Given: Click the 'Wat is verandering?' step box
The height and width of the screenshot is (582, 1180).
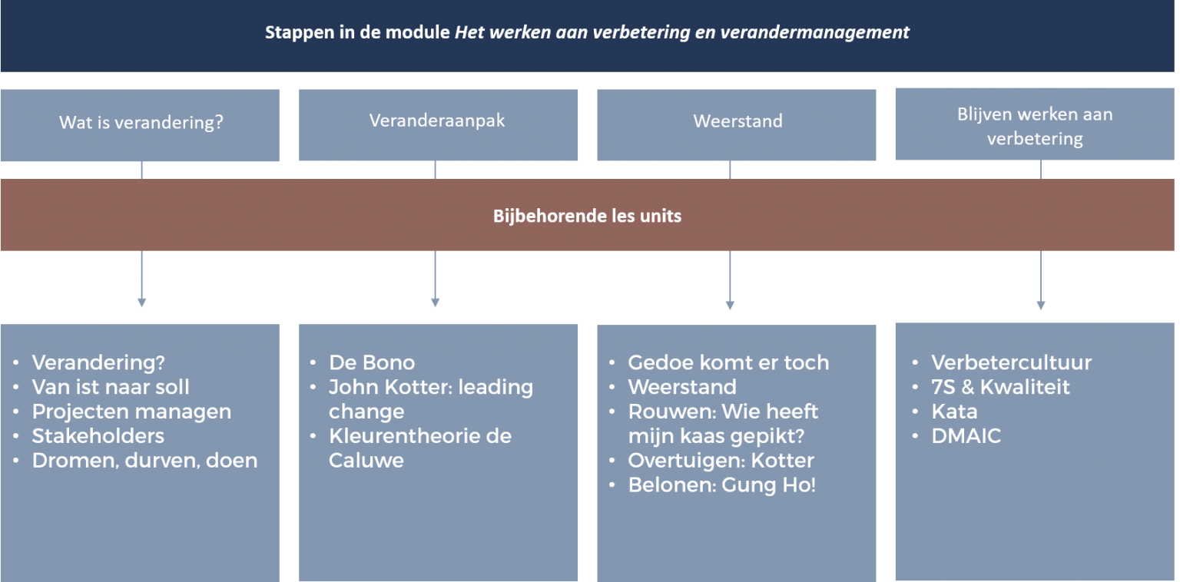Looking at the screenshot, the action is [x=140, y=125].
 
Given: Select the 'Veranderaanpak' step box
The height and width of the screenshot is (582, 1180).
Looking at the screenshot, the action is [x=439, y=125].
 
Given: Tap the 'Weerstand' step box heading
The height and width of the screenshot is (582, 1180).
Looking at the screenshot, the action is [x=737, y=121].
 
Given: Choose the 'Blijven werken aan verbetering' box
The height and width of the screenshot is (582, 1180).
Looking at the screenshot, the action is [x=1035, y=124].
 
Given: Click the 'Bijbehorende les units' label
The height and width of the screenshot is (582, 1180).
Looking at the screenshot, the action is [x=588, y=216].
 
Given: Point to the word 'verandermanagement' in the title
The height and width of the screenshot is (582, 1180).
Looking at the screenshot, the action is [x=814, y=33].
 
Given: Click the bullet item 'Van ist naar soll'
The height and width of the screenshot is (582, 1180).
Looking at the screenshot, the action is [x=111, y=387].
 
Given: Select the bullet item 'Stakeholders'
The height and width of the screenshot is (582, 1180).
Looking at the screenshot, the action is [x=98, y=436].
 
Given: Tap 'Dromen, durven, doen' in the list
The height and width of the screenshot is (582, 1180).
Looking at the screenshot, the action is [x=145, y=461].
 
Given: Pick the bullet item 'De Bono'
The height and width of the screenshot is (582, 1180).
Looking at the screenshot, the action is [x=372, y=363].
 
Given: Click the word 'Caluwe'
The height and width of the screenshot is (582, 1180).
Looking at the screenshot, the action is [x=366, y=461].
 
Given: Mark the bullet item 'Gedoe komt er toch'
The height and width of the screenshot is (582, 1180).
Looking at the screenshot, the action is [x=728, y=363].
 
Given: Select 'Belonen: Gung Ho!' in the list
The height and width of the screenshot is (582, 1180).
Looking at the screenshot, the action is [x=721, y=485].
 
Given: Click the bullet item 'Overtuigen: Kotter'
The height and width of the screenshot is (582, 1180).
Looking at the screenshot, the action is [x=721, y=461].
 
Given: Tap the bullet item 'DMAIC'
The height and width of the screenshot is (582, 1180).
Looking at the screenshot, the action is [x=966, y=436].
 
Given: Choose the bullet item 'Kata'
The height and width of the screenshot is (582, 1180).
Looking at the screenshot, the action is [x=955, y=412].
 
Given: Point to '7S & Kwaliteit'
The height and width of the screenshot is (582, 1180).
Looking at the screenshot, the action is [x=1000, y=387].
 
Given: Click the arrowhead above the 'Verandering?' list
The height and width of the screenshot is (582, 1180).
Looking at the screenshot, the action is [x=141, y=303].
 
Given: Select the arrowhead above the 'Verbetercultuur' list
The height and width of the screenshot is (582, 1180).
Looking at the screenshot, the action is [x=1041, y=306].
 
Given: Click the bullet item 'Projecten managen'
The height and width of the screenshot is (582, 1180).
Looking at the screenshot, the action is [x=131, y=412].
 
